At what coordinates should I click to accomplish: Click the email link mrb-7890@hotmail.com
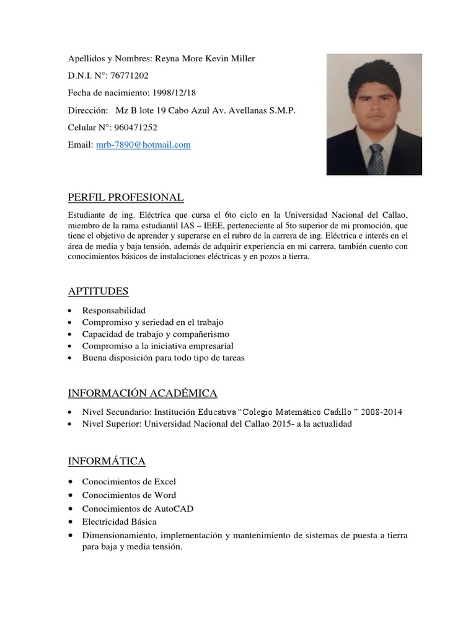143,145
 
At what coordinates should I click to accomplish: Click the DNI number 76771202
129,76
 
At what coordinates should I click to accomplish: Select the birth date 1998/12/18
175,93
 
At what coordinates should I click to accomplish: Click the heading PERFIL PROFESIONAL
126,198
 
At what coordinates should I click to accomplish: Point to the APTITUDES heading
98,291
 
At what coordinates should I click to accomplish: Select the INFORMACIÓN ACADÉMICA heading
143,394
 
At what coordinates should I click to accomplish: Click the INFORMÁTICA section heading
107,461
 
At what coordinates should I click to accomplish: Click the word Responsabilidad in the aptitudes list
114,310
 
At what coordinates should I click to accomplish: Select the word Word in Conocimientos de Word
165,495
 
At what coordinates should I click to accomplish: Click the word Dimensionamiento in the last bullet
120,535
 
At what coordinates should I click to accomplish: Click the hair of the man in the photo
374,76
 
